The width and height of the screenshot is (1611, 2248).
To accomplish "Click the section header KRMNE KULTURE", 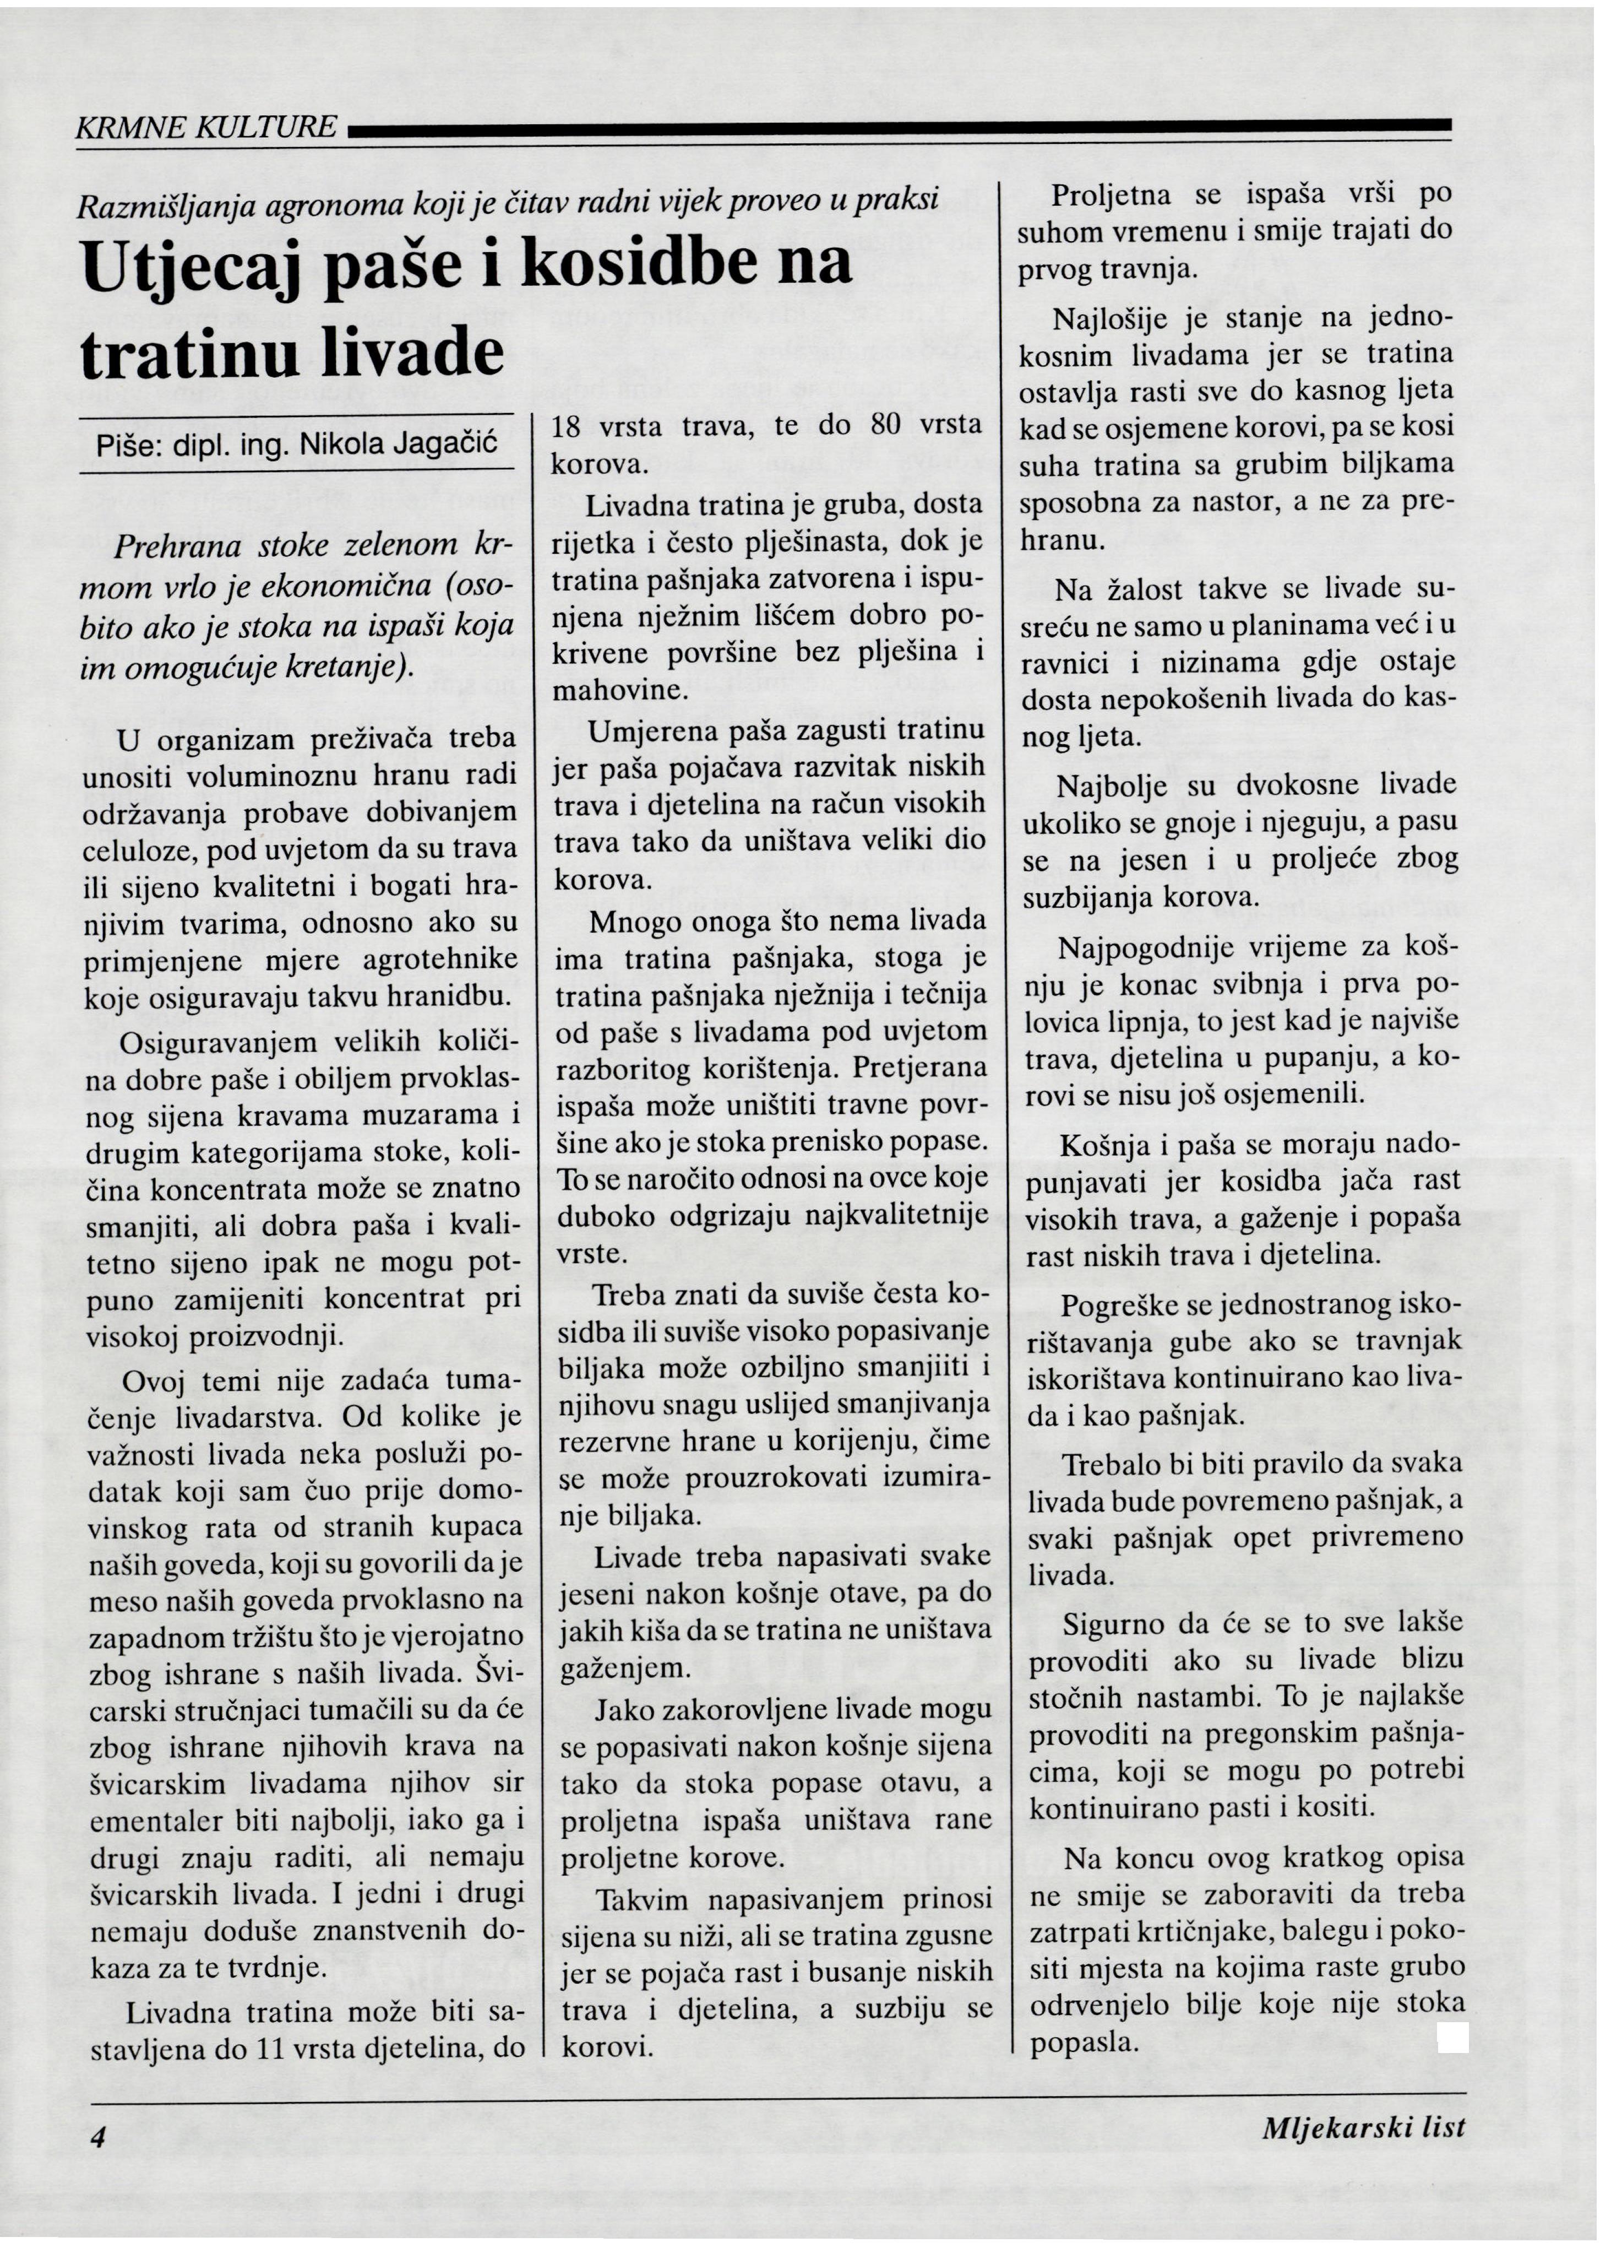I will (x=206, y=127).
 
